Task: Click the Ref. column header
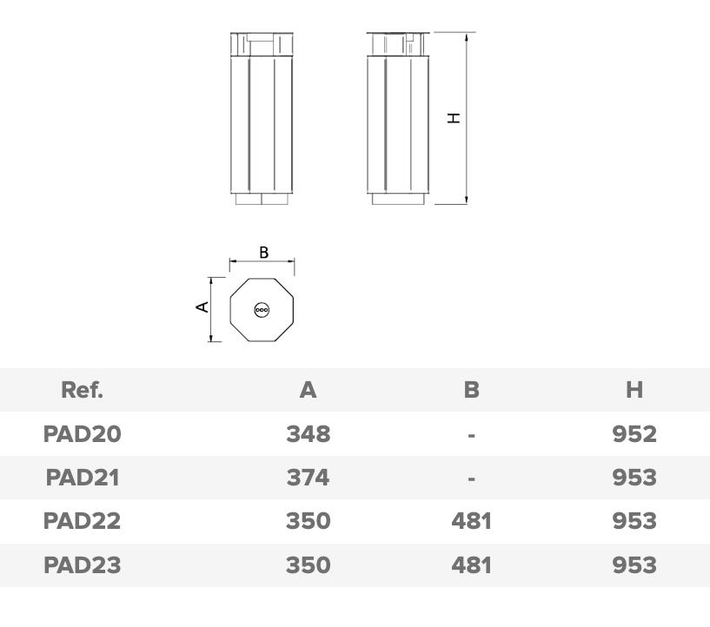(x=82, y=390)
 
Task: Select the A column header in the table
(x=308, y=390)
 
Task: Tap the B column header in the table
(x=471, y=390)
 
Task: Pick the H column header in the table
(x=634, y=390)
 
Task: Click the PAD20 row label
(x=83, y=434)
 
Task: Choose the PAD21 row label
(x=83, y=478)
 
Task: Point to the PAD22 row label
(x=83, y=521)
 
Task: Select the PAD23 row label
(x=83, y=565)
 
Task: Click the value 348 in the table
(x=309, y=434)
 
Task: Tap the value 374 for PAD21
(x=308, y=478)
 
